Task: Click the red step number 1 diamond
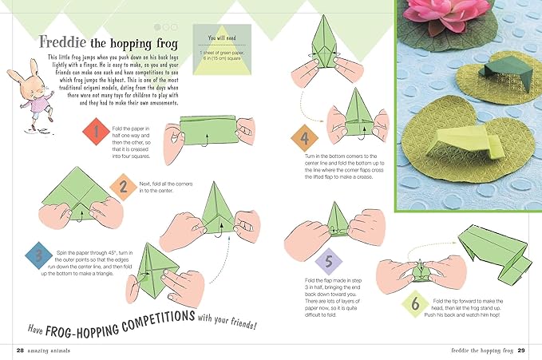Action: point(93,133)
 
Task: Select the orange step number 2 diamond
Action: point(122,189)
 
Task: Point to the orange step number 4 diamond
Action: point(305,137)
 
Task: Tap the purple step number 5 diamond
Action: point(329,262)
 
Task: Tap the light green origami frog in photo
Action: point(463,148)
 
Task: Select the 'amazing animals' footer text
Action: point(51,350)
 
